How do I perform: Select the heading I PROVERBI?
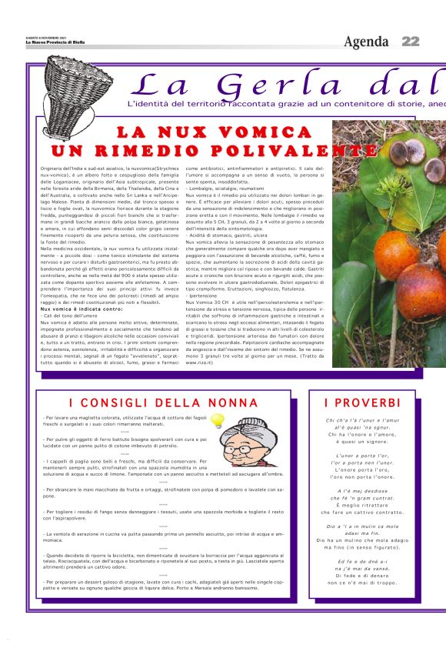pyautogui.click(x=362, y=402)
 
